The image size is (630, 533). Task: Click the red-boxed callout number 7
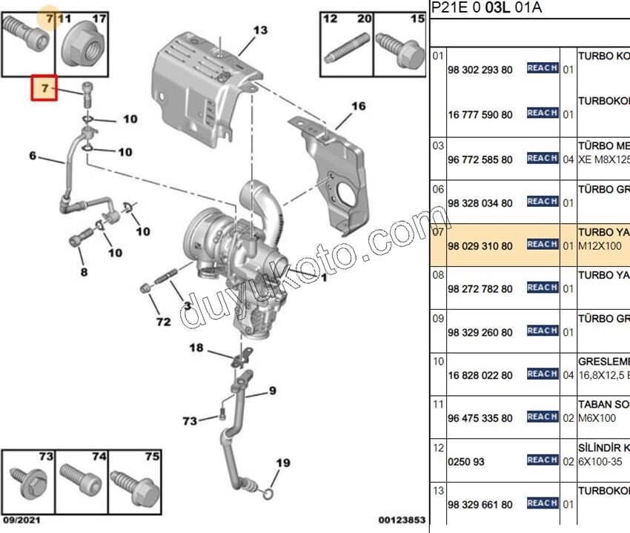pyautogui.click(x=44, y=89)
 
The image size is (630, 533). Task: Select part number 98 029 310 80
pyautogui.click(x=480, y=245)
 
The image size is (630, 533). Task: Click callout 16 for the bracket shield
pyautogui.click(x=358, y=107)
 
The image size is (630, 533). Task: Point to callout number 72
pyautogui.click(x=163, y=322)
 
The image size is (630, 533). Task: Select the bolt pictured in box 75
pyautogui.click(x=135, y=485)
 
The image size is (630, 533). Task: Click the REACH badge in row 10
pyautogui.click(x=542, y=374)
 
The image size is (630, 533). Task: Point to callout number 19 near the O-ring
pyautogui.click(x=282, y=464)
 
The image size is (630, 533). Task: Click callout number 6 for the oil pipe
pyautogui.click(x=33, y=156)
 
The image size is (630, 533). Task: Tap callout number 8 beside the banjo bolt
pyautogui.click(x=83, y=272)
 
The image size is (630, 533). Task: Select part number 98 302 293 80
pyautogui.click(x=480, y=70)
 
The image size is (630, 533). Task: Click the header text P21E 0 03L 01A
pyautogui.click(x=486, y=8)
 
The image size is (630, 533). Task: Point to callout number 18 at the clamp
pyautogui.click(x=196, y=348)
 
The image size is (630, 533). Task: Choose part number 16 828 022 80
pyautogui.click(x=480, y=376)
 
